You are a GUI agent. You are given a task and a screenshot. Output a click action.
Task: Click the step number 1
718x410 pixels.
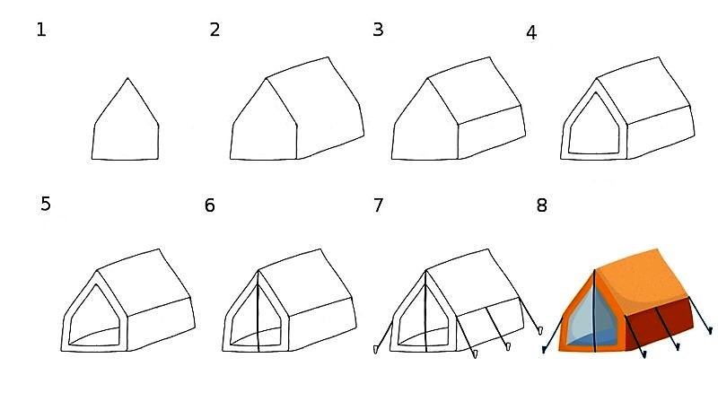pos(41,31)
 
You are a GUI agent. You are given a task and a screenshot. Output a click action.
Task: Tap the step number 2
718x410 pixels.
pos(215,30)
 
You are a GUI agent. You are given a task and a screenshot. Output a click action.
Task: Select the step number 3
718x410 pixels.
pos(378,30)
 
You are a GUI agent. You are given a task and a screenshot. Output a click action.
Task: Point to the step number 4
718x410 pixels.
pos(531,33)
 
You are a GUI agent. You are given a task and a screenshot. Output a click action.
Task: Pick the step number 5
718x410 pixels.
pos(46,204)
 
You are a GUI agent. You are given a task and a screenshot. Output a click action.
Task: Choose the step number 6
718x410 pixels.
pos(210,205)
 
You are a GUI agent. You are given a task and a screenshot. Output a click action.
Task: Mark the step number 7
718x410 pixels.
pos(378,205)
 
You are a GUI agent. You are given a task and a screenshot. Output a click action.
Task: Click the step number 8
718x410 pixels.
pos(542,205)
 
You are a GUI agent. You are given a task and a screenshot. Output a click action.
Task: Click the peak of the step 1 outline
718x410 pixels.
pos(127,78)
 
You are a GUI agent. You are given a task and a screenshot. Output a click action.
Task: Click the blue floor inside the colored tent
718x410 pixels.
pos(591,338)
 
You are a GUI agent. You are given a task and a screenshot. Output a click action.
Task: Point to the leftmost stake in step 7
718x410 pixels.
pos(376,350)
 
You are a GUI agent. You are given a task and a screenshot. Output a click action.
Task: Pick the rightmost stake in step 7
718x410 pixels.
pos(540,330)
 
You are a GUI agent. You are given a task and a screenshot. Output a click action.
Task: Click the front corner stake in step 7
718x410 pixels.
pos(476,353)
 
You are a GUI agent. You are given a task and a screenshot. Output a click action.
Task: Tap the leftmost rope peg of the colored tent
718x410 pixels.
pos(544,350)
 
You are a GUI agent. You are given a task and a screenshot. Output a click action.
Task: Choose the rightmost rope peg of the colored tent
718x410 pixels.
pos(710,330)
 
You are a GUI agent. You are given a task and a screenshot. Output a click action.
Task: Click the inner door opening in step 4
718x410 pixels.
pos(594,124)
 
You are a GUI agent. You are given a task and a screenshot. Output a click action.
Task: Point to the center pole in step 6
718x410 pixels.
pos(258,311)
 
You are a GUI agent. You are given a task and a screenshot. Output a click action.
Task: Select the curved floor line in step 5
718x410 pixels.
pos(93,334)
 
